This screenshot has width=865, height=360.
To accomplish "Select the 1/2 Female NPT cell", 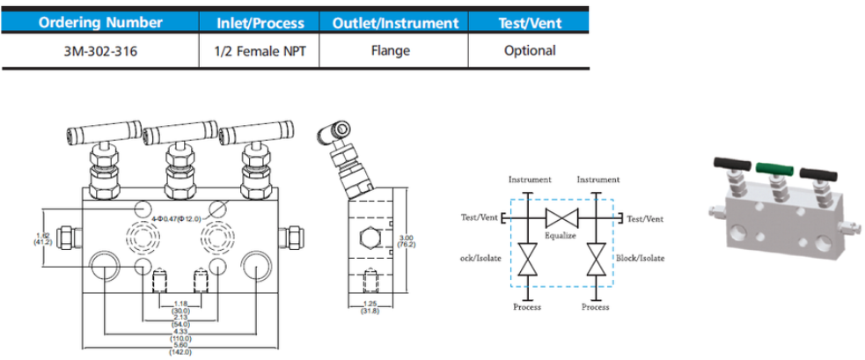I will pos(260,51).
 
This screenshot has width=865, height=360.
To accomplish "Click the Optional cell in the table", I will pos(530,51).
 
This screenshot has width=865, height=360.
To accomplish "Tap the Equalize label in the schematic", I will pos(560,235).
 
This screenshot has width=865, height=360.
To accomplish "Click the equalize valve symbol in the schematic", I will pos(560,218).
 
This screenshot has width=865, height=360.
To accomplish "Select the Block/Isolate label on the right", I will pos(641,258).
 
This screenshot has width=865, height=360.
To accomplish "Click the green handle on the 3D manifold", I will pos(774,165).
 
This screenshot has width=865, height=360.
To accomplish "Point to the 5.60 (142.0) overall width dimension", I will pos(180,349).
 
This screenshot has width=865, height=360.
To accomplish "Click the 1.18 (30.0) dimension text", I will pos(180,306).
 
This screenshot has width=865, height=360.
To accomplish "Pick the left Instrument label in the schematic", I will pos(530,180).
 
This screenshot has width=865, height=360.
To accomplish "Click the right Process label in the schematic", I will pos(596,307).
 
